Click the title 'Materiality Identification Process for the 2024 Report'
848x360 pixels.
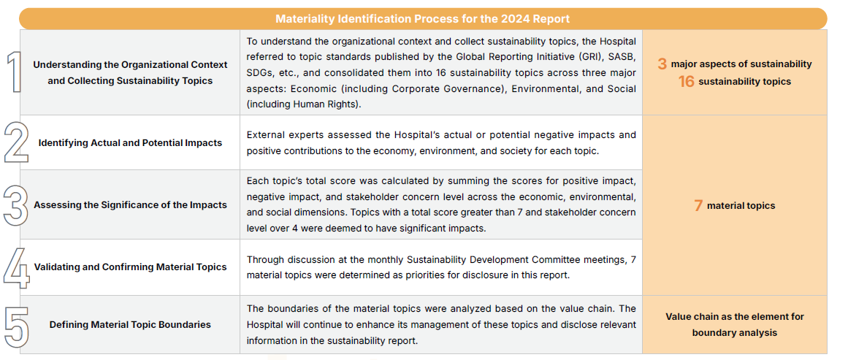pyautogui.click(x=423, y=18)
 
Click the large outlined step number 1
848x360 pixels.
pyautogui.click(x=14, y=72)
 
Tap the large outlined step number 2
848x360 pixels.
pyautogui.click(x=15, y=142)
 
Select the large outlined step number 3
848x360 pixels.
pyautogui.click(x=15, y=205)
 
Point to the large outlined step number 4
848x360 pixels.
pyautogui.click(x=15, y=267)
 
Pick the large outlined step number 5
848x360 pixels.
pyautogui.click(x=15, y=324)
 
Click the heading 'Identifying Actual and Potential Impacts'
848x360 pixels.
pyautogui.click(x=130, y=142)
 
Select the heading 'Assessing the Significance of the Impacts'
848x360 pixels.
pyautogui.click(x=130, y=205)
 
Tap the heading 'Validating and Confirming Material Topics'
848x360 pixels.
pyautogui.click(x=130, y=267)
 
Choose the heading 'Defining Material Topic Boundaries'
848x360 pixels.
pyautogui.click(x=130, y=324)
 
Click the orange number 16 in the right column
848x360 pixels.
pyautogui.click(x=686, y=82)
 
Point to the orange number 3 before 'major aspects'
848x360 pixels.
pyautogui.click(x=662, y=64)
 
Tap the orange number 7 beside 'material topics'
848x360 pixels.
pyautogui.click(x=698, y=206)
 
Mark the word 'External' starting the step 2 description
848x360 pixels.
pyautogui.click(x=264, y=135)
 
